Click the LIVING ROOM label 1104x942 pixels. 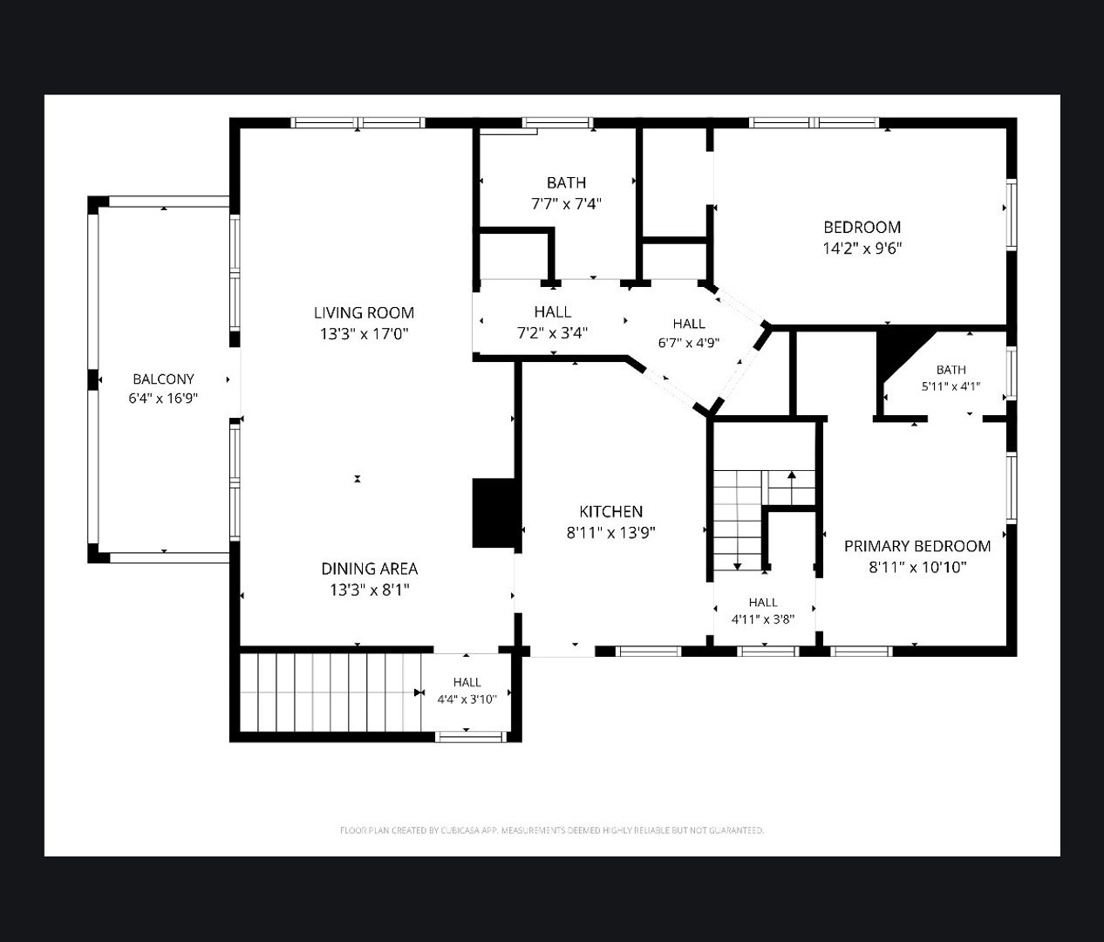point(364,312)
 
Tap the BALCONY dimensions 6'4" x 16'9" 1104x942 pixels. point(163,398)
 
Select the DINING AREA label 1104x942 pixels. point(370,569)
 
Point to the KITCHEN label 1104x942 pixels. point(611,511)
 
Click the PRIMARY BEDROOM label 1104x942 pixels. point(917,546)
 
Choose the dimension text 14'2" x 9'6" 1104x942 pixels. point(862,249)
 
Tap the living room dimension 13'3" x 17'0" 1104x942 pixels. point(364,334)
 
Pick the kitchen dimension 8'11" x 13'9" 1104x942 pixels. point(611,533)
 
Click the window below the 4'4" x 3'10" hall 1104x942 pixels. point(471,737)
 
